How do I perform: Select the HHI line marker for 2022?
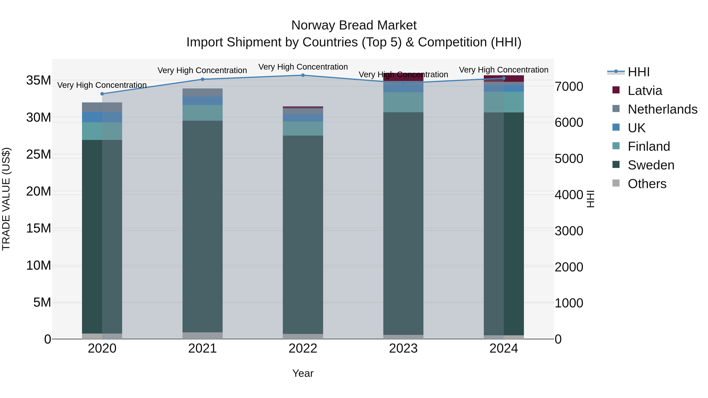(303, 75)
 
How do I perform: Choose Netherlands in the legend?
(662, 109)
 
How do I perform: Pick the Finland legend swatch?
(616, 146)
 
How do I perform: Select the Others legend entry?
(647, 184)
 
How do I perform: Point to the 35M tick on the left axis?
(39, 80)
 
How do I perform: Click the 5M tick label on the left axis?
(42, 302)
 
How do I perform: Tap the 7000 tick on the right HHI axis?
(569, 86)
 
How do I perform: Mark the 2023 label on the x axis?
(403, 348)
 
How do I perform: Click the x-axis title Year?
(303, 373)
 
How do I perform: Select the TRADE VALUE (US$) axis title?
(6, 199)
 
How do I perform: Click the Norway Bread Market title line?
(354, 25)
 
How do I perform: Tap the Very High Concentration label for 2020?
(102, 85)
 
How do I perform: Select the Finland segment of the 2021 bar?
(203, 113)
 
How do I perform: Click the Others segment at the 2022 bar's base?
(303, 336)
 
